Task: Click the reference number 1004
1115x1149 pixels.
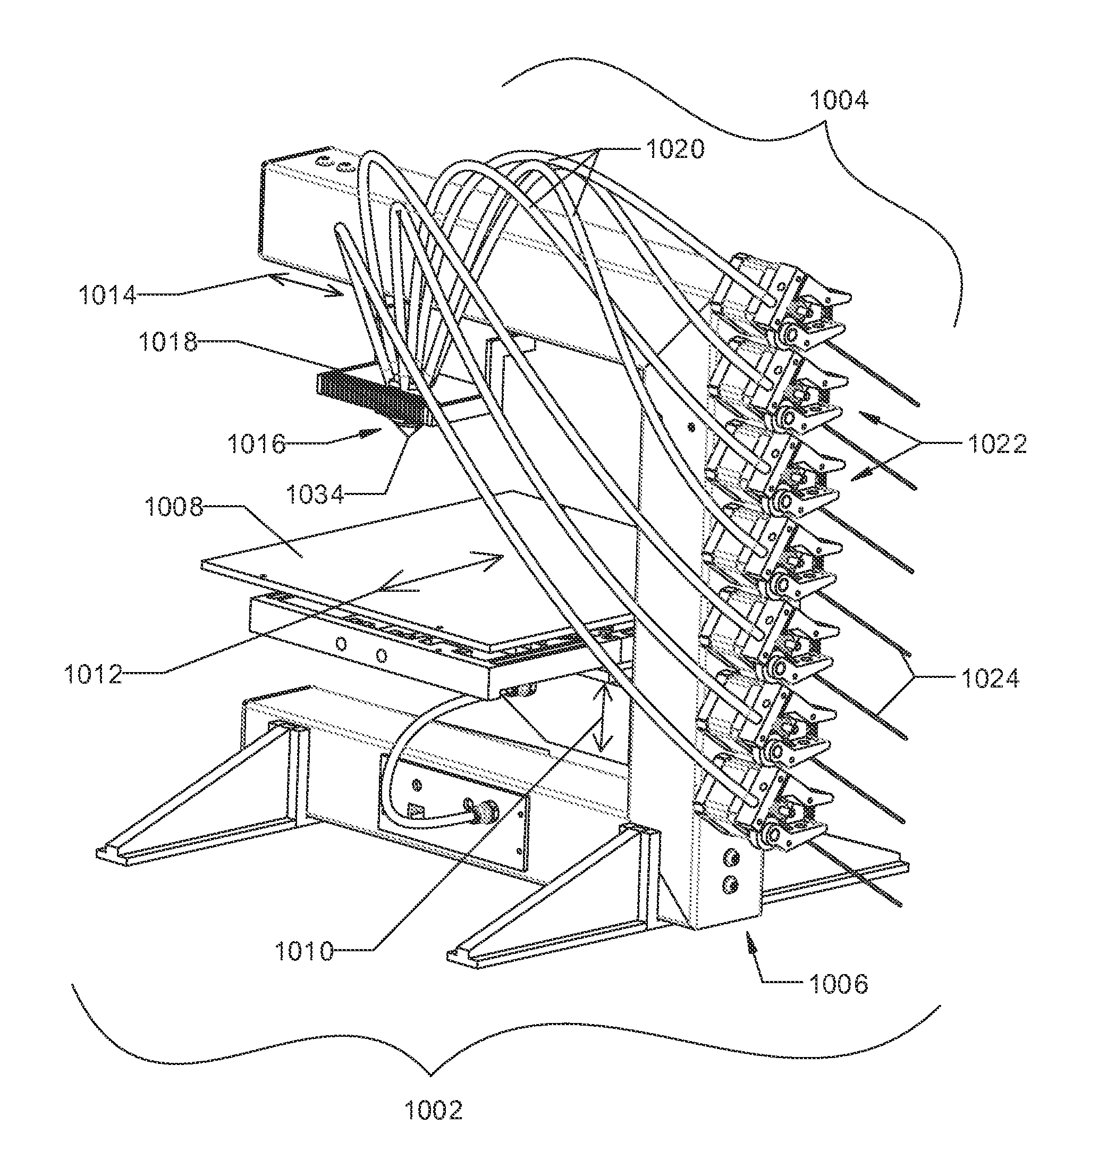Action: (x=839, y=101)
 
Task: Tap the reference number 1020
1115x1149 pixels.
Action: (x=675, y=149)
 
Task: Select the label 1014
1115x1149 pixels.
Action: (x=108, y=295)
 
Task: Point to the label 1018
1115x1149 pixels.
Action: (x=168, y=342)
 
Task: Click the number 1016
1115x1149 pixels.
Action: (x=257, y=444)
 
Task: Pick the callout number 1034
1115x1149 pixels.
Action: (x=315, y=495)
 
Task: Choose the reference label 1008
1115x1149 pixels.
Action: (x=174, y=507)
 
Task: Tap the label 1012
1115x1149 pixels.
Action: (x=93, y=675)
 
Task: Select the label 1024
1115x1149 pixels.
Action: (x=990, y=678)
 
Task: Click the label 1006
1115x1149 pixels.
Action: (x=839, y=984)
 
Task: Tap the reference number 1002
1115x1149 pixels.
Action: (x=434, y=1110)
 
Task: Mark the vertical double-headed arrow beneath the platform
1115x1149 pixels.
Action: (x=602, y=719)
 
